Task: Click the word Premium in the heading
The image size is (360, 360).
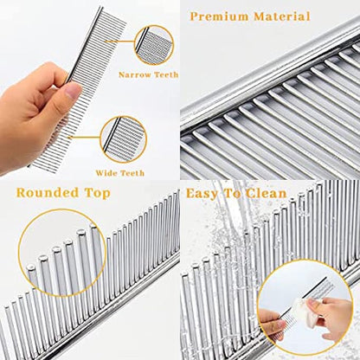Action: coord(220,16)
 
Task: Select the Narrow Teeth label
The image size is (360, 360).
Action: coord(148,74)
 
